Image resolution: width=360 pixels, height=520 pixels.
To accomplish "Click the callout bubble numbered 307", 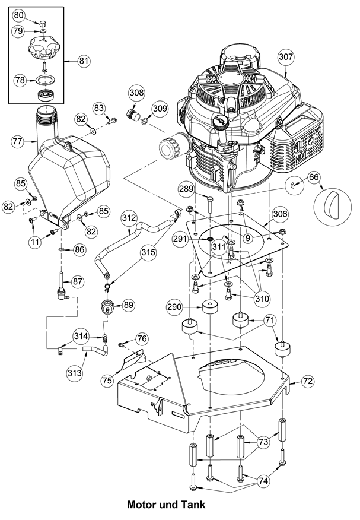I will pos(286,58).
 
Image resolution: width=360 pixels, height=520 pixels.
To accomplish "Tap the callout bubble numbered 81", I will pos(83,60).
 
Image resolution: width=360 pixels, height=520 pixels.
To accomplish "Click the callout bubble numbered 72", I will pos(308,382).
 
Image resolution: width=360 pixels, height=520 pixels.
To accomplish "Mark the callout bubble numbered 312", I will pos(128,218).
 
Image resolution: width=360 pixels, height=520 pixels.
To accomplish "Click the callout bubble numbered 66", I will pos(314,176).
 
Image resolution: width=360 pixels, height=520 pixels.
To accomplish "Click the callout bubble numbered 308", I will pos(136,93).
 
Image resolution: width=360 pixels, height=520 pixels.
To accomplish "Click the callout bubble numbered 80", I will pos(19,14).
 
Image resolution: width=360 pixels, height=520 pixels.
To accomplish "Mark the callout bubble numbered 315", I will pos(149,252).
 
